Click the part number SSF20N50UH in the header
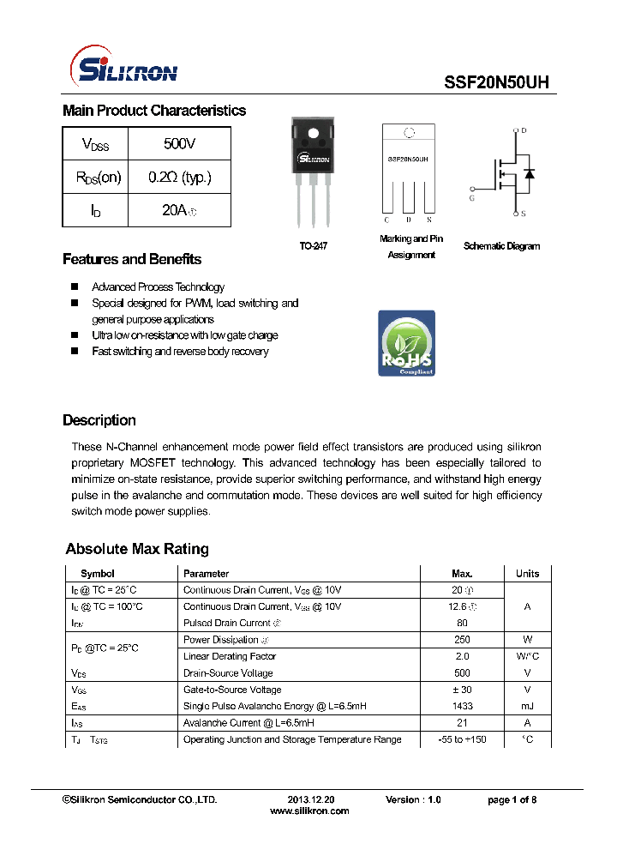pyautogui.click(x=496, y=82)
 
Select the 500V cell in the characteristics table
pyautogui.click(x=179, y=144)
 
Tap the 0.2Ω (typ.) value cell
pyautogui.click(x=179, y=178)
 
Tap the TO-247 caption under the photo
pyautogui.click(x=314, y=246)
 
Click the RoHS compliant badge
pyautogui.click(x=406, y=343)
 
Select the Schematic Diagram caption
pyautogui.click(x=501, y=246)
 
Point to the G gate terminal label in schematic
pyautogui.click(x=470, y=198)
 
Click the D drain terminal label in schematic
pyautogui.click(x=524, y=131)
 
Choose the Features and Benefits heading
pyautogui.click(x=132, y=259)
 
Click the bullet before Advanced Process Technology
pyautogui.click(x=74, y=287)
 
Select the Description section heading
pyautogui.click(x=99, y=420)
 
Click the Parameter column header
pyautogui.click(x=206, y=573)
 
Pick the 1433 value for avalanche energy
pyautogui.click(x=462, y=706)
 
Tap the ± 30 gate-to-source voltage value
pyautogui.click(x=462, y=690)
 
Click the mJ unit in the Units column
pyautogui.click(x=527, y=706)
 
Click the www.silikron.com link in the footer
pyautogui.click(x=309, y=811)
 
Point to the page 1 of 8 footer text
pyautogui.click(x=512, y=799)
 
